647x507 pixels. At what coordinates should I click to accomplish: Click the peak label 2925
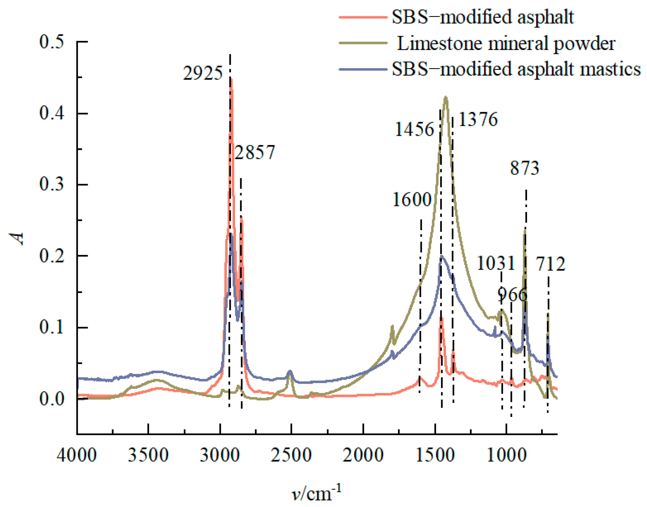tap(203, 73)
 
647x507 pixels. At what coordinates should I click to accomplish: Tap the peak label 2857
tap(255, 152)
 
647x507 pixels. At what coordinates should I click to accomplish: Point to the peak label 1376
tap(478, 119)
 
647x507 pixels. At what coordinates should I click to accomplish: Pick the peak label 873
tap(524, 168)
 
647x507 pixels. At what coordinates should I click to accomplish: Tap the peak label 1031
tap(496, 263)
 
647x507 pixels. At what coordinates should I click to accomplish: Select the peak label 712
tap(550, 264)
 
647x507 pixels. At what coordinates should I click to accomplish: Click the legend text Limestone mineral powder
tap(506, 43)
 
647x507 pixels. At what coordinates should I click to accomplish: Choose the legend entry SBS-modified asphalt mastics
tap(516, 69)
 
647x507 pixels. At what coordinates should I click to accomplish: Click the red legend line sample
tap(363, 17)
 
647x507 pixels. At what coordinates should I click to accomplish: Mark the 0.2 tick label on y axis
tap(52, 256)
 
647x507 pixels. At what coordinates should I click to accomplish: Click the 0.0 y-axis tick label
tap(52, 399)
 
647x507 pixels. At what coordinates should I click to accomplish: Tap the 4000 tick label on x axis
tap(77, 455)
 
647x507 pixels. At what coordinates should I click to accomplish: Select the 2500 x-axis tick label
tap(291, 455)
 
